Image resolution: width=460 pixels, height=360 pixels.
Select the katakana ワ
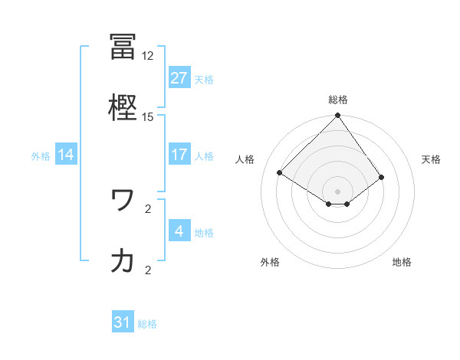(x=123, y=200)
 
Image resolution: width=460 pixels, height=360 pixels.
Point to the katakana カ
(x=123, y=260)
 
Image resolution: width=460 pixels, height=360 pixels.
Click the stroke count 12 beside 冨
(x=148, y=56)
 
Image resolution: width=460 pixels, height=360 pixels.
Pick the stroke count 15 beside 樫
(x=148, y=117)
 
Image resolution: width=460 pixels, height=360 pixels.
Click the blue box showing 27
(x=179, y=78)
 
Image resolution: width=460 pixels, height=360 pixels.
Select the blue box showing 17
(x=179, y=155)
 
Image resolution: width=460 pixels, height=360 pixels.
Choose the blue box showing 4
(x=179, y=231)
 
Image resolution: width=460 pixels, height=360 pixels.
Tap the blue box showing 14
(x=66, y=155)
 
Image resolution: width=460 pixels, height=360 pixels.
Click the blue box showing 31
(x=123, y=322)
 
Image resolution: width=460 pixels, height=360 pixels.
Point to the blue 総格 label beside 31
(x=148, y=324)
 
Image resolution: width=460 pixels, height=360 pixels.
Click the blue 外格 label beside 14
(x=41, y=156)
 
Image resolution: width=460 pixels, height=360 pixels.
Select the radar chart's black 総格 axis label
(x=338, y=100)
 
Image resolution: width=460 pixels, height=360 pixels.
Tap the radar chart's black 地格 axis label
(x=402, y=262)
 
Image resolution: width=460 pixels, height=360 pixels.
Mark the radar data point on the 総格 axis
(x=338, y=116)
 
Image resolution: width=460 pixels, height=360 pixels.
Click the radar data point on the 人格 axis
(x=280, y=172)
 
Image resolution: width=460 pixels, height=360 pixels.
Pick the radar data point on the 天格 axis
(x=382, y=177)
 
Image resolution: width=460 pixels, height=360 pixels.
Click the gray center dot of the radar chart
(x=338, y=191)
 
